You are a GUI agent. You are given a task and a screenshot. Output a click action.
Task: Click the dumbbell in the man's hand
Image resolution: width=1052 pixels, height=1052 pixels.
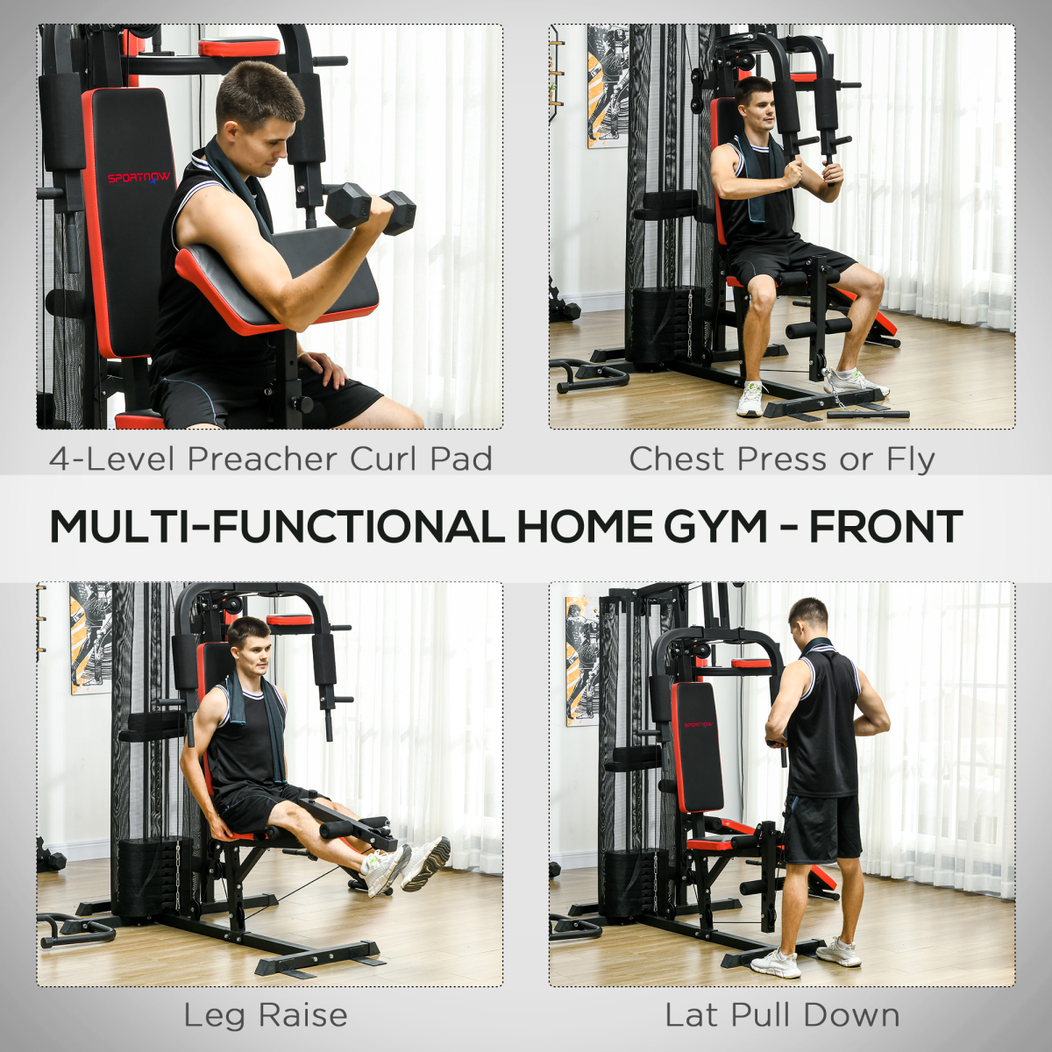pyautogui.click(x=371, y=208)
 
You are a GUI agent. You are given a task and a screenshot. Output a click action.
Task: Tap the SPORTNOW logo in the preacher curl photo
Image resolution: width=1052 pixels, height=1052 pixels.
pyautogui.click(x=139, y=178)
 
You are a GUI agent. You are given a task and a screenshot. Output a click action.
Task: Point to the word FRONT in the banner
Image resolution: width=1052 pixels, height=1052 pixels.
pyautogui.click(x=885, y=527)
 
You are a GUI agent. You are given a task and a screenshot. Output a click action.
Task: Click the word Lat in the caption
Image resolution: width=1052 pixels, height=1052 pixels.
pyautogui.click(x=691, y=1015)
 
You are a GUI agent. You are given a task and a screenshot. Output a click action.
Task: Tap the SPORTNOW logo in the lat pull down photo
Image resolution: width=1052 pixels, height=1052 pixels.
pyautogui.click(x=698, y=725)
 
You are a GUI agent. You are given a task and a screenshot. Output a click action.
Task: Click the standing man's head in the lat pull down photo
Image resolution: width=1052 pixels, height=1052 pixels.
pyautogui.click(x=808, y=618)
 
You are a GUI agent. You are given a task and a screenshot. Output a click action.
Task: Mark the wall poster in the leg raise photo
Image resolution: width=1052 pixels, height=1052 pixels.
pyautogui.click(x=89, y=636)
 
